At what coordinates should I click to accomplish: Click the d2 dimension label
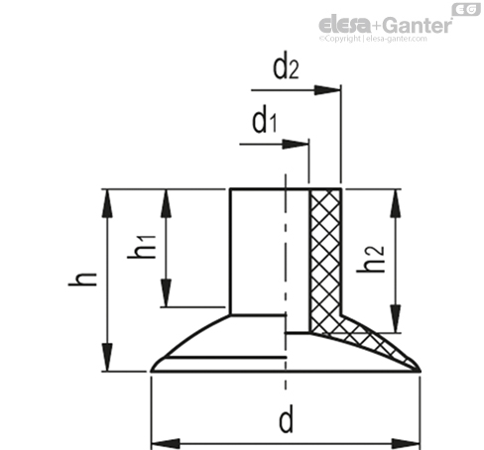click(x=286, y=68)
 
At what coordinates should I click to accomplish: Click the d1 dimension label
click(x=265, y=122)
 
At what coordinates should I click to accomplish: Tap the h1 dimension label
click(x=142, y=247)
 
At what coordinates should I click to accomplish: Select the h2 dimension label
click(x=371, y=259)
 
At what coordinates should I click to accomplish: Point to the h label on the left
click(x=82, y=280)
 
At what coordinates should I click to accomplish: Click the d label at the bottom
click(x=287, y=420)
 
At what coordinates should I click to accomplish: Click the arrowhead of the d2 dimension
click(x=327, y=90)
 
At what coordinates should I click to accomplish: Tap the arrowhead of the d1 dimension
click(x=296, y=144)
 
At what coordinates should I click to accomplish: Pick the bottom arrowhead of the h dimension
click(x=107, y=357)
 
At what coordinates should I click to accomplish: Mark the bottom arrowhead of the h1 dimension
click(x=167, y=292)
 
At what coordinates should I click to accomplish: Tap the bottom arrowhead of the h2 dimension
click(x=396, y=318)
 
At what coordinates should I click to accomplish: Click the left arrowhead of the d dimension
click(x=166, y=443)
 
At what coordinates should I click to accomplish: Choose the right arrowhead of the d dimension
click(x=406, y=443)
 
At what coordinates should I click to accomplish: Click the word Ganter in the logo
click(x=419, y=25)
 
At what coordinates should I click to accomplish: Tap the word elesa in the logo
click(x=345, y=25)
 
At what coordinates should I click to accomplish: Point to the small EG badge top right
click(x=466, y=9)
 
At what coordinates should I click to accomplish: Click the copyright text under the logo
click(x=373, y=39)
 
